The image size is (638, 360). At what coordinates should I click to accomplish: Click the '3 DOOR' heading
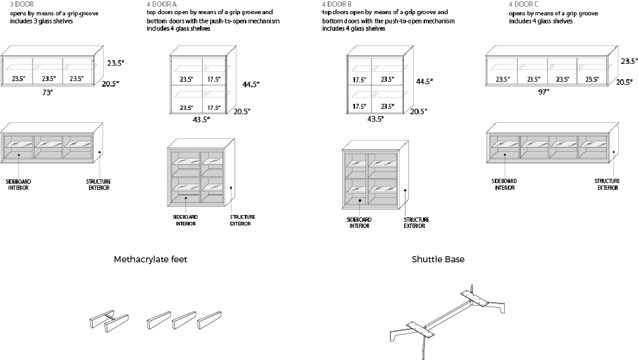(22, 4)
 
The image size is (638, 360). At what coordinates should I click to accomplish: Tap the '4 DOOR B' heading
(337, 4)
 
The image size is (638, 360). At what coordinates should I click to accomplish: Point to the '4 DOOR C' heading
(524, 4)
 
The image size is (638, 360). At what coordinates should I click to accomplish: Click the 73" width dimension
(48, 93)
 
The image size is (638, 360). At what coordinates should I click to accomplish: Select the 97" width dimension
(543, 92)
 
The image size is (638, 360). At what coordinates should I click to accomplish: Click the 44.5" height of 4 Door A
(251, 84)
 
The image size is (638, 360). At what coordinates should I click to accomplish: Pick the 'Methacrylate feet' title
(150, 259)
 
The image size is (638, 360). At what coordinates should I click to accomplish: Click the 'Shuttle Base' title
(438, 259)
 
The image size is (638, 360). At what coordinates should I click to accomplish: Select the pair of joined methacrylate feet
(109, 323)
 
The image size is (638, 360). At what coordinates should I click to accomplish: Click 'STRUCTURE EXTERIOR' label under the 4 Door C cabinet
(607, 184)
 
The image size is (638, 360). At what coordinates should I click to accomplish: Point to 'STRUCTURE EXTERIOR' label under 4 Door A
(243, 220)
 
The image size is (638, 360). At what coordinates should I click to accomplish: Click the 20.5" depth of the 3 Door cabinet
(112, 84)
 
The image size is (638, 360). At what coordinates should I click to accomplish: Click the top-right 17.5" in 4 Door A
(213, 79)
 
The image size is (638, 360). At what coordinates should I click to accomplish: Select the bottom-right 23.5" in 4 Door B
(387, 106)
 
